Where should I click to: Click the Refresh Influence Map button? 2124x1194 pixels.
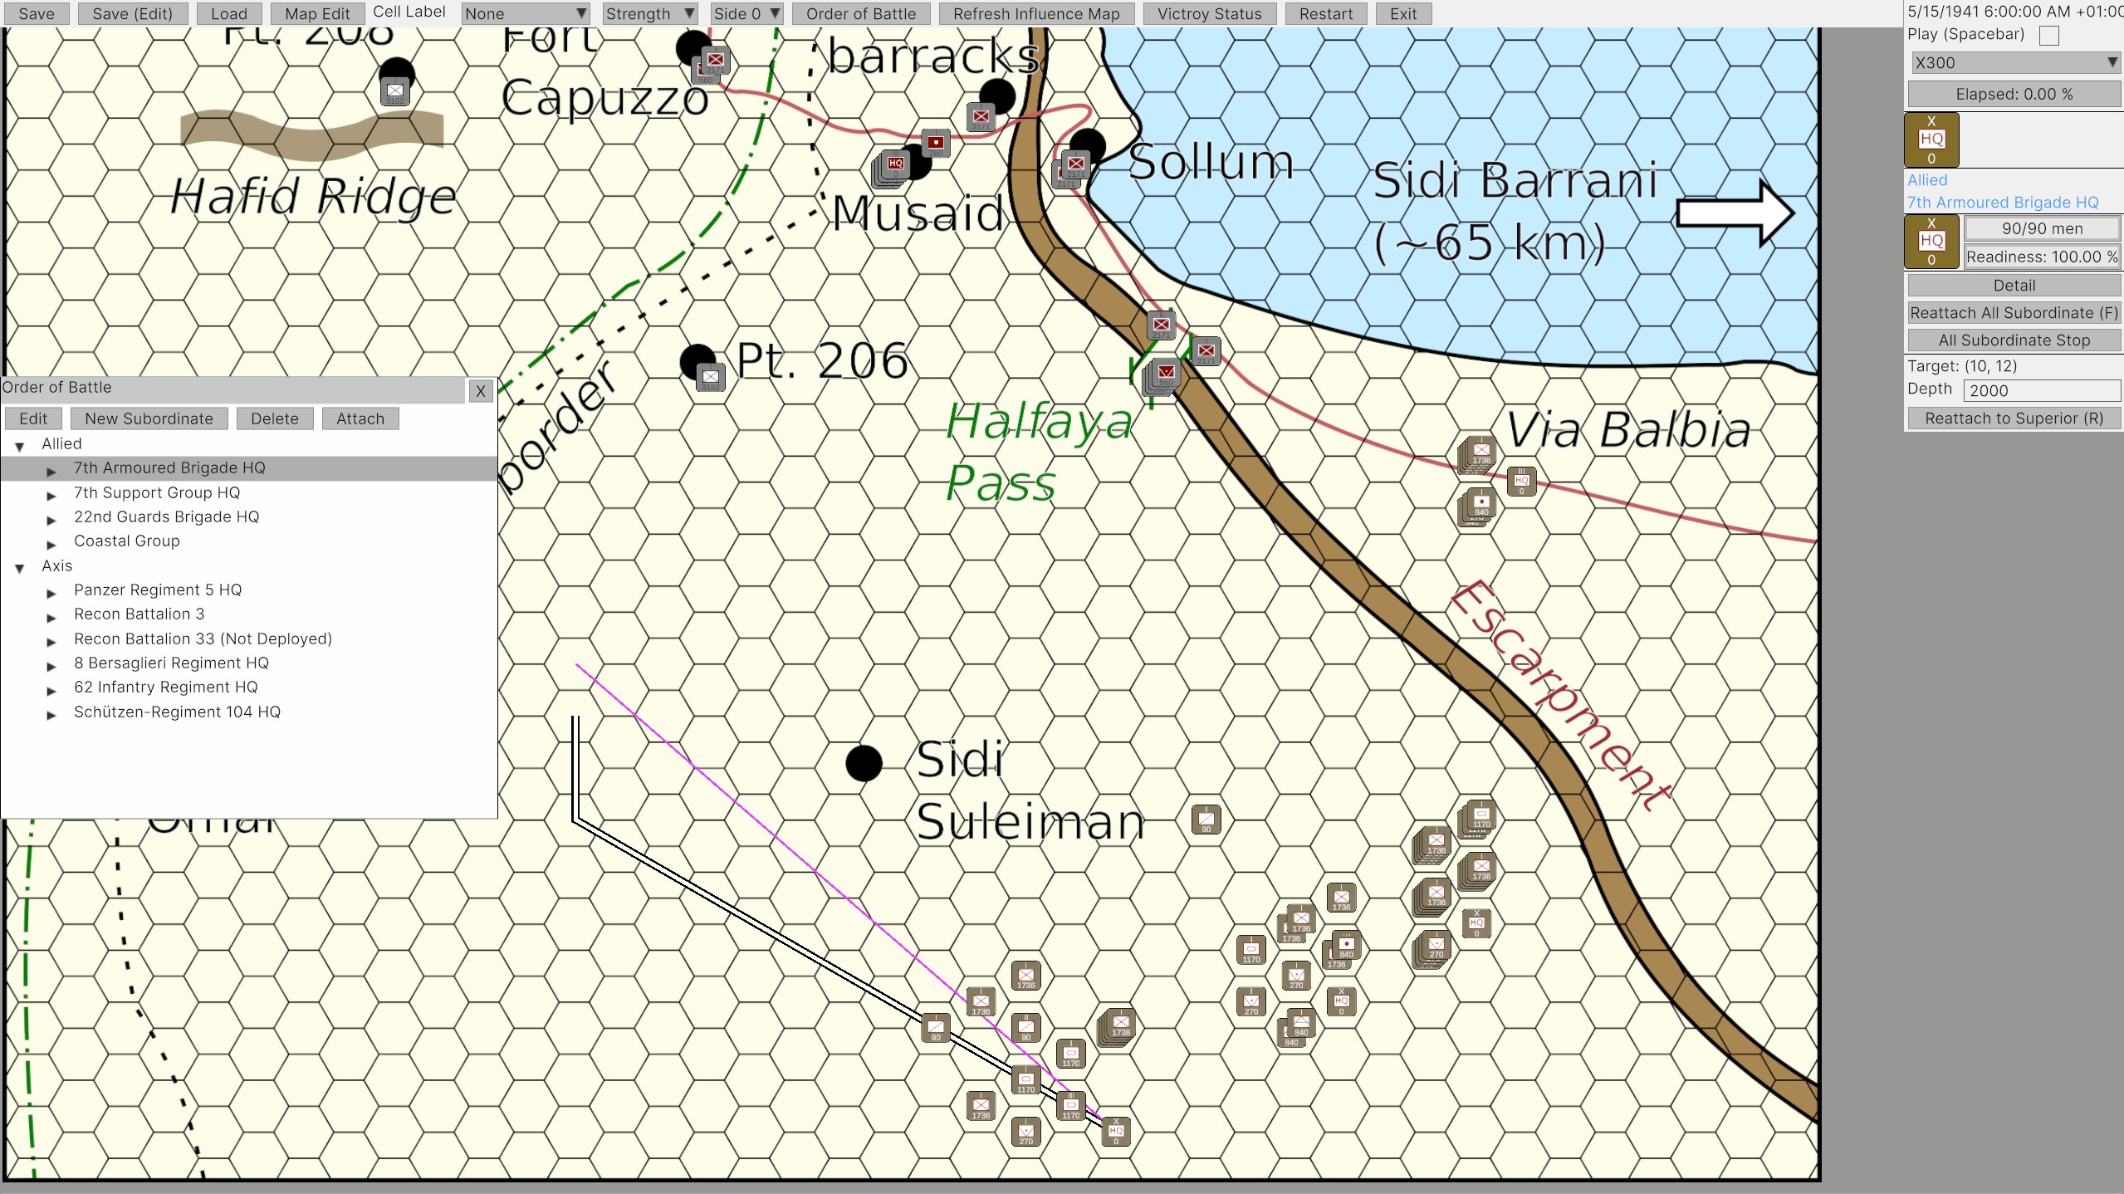1035,14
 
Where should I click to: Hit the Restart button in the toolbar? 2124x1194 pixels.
1325,14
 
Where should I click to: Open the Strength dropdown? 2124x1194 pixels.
648,14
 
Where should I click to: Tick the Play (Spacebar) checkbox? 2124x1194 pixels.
2048,36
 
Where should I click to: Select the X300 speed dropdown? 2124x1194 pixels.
2014,63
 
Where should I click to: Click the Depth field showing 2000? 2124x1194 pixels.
2040,391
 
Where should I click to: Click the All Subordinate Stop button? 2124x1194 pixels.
2014,340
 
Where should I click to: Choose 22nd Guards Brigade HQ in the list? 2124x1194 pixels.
166,516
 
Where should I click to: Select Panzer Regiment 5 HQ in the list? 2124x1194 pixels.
158,590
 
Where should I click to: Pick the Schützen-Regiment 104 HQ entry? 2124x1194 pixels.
177,712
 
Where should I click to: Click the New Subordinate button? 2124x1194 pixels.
149,418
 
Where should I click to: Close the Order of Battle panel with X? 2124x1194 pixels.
480,391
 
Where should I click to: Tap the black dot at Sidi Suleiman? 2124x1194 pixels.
864,763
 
